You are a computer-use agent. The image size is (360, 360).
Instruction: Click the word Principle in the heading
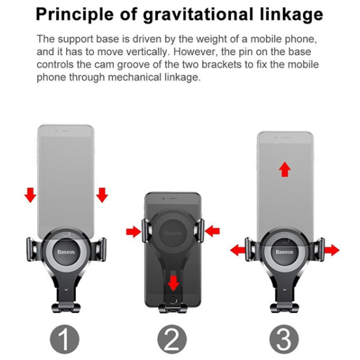(75, 15)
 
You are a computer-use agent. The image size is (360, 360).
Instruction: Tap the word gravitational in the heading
(198, 15)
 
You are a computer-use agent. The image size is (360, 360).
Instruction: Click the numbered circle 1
(65, 339)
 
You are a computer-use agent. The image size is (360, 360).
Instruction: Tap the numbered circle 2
(172, 339)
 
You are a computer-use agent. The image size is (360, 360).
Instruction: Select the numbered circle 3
(284, 339)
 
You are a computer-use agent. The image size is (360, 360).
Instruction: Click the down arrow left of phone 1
(30, 195)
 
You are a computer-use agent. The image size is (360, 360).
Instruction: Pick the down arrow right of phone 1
(102, 195)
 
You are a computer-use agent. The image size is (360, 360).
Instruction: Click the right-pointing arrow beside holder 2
(134, 232)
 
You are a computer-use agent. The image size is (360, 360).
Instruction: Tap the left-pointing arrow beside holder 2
(212, 231)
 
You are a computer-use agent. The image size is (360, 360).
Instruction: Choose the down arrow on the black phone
(173, 283)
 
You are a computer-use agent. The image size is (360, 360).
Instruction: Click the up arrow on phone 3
(285, 170)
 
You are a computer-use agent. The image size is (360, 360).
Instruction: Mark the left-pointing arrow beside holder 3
(238, 250)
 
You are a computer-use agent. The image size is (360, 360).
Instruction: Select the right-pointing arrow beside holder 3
(332, 250)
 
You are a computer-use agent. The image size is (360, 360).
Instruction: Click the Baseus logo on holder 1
(66, 252)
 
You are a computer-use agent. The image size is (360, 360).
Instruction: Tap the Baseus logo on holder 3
(285, 252)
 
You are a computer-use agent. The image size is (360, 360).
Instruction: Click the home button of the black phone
(173, 300)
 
